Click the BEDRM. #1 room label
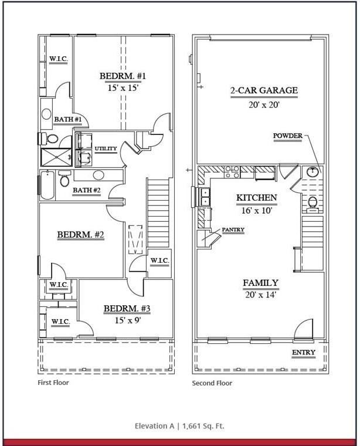coord(123,76)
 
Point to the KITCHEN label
coord(256,198)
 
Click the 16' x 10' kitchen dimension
coord(256,210)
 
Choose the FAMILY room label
coord(260,283)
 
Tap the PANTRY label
coord(233,229)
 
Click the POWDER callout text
coord(287,136)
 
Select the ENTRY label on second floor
coord(303,353)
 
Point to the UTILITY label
coord(106,148)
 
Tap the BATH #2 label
coord(86,190)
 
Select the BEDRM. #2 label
coord(80,235)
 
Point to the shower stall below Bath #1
coord(54,157)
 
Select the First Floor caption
coord(53,383)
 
